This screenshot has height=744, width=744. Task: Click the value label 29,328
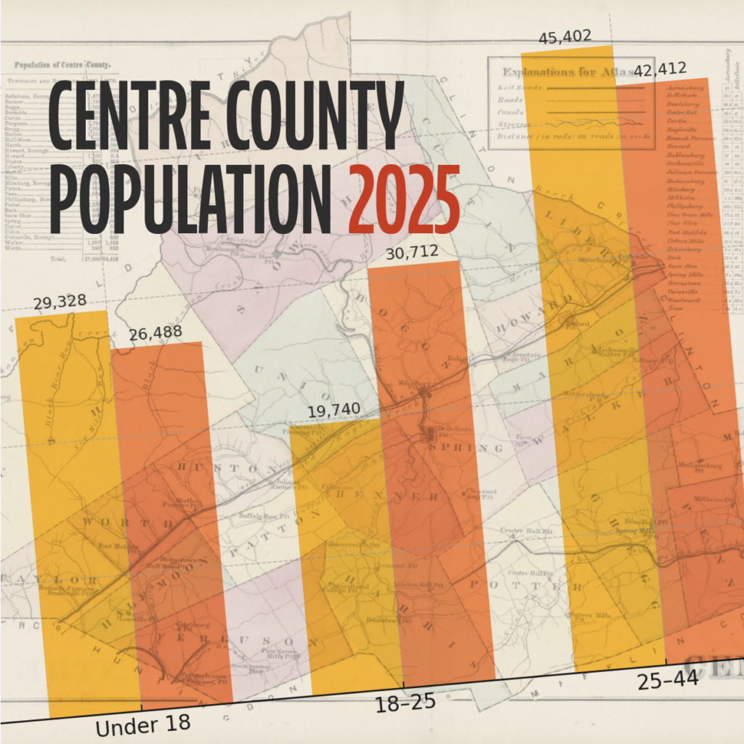point(60,302)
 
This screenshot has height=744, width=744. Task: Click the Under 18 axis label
point(143,724)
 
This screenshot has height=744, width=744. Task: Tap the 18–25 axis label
point(404,702)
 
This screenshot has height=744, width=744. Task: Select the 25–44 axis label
point(668,680)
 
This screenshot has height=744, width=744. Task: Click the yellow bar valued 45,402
point(589,363)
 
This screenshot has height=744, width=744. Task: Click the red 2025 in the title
point(404,197)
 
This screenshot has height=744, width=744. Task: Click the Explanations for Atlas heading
point(559,72)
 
